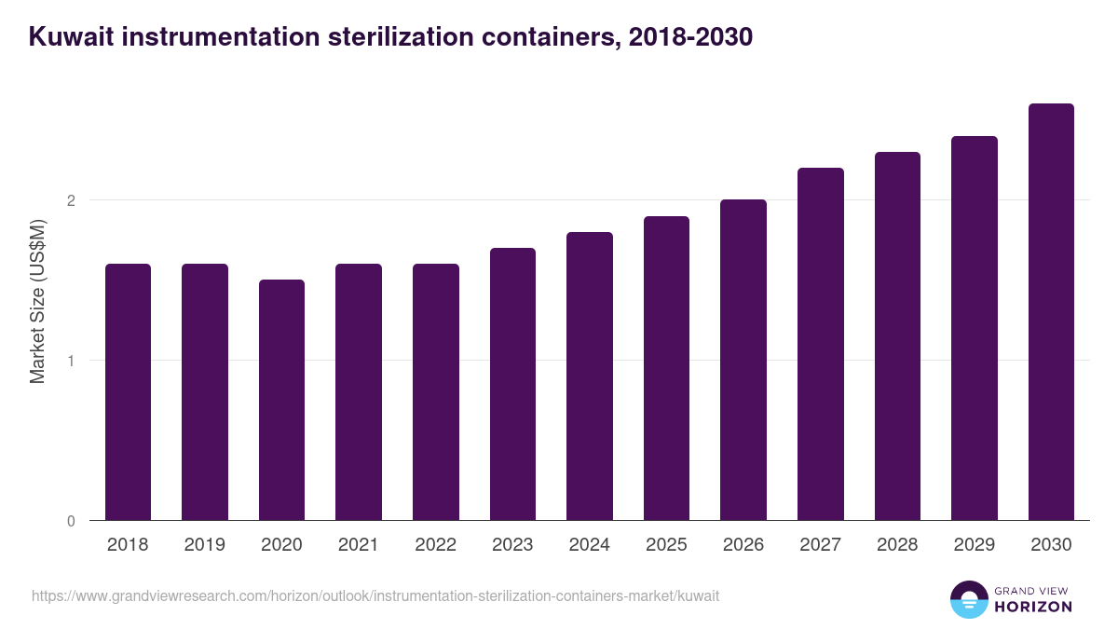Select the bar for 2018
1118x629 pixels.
pyautogui.click(x=128, y=391)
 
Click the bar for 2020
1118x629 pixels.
pyautogui.click(x=281, y=400)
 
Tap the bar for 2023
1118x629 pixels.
pyautogui.click(x=512, y=384)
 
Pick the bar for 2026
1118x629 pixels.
pyautogui.click(x=743, y=360)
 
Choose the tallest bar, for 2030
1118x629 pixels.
pyautogui.click(x=1051, y=311)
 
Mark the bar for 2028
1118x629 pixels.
pyautogui.click(x=897, y=335)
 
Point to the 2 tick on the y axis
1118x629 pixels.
pyautogui.click(x=70, y=200)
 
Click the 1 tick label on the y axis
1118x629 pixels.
pyautogui.click(x=70, y=361)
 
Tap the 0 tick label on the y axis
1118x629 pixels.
pyautogui.click(x=70, y=521)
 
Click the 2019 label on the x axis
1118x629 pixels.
pyautogui.click(x=205, y=545)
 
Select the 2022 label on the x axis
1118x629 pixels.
pyautogui.click(x=435, y=545)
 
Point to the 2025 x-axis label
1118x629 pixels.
pyautogui.click(x=666, y=545)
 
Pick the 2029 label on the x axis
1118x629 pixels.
pyautogui.click(x=974, y=545)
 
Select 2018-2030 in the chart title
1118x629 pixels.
pyautogui.click(x=690, y=38)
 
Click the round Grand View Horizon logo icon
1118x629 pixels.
pyautogui.click(x=968, y=599)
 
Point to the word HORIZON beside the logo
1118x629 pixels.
pyautogui.click(x=1032, y=607)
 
